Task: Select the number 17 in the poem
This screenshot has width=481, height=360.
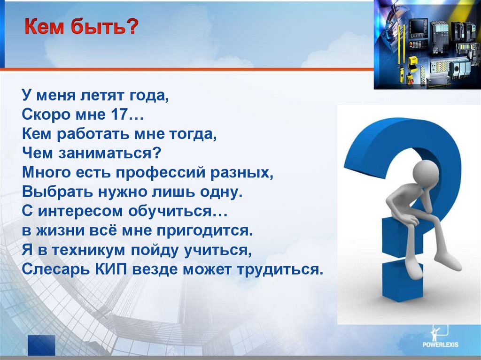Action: (x=118, y=115)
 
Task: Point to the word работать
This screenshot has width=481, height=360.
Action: (x=93, y=134)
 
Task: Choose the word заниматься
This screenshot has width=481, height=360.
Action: (x=109, y=153)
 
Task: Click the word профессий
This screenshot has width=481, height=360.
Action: (x=160, y=173)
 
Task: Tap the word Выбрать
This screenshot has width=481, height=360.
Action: (x=57, y=192)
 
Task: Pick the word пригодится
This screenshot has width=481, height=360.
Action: (x=205, y=231)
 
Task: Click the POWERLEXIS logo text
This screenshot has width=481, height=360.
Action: (x=441, y=345)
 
